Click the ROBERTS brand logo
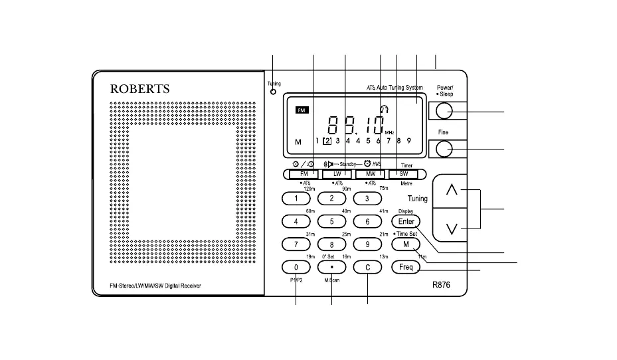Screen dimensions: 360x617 click(x=139, y=88)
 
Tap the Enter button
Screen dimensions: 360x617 click(x=406, y=222)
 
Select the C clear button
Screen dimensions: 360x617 click(x=367, y=267)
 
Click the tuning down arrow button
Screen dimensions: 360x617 click(x=452, y=229)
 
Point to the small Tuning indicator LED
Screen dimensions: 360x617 click(x=273, y=92)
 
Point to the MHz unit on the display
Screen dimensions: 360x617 click(x=389, y=133)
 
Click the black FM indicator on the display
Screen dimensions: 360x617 click(x=303, y=110)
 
